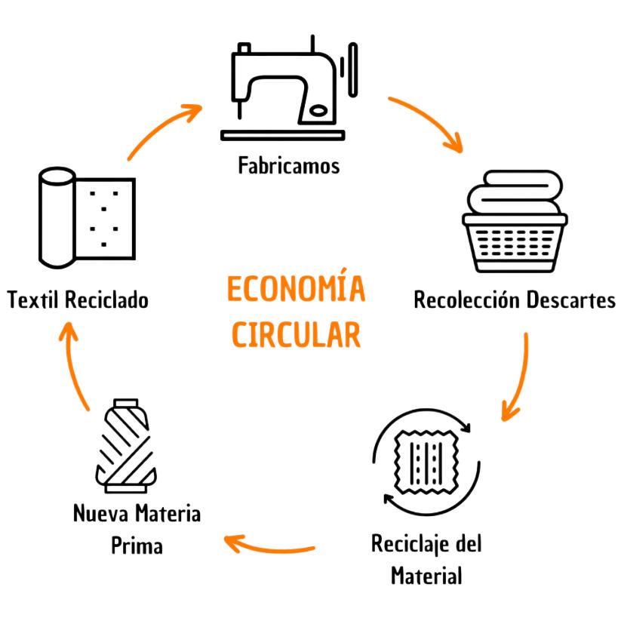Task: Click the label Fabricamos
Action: coord(289,165)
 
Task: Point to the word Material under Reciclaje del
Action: coord(426,576)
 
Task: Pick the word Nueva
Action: coord(101,515)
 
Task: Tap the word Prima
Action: coord(137,546)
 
